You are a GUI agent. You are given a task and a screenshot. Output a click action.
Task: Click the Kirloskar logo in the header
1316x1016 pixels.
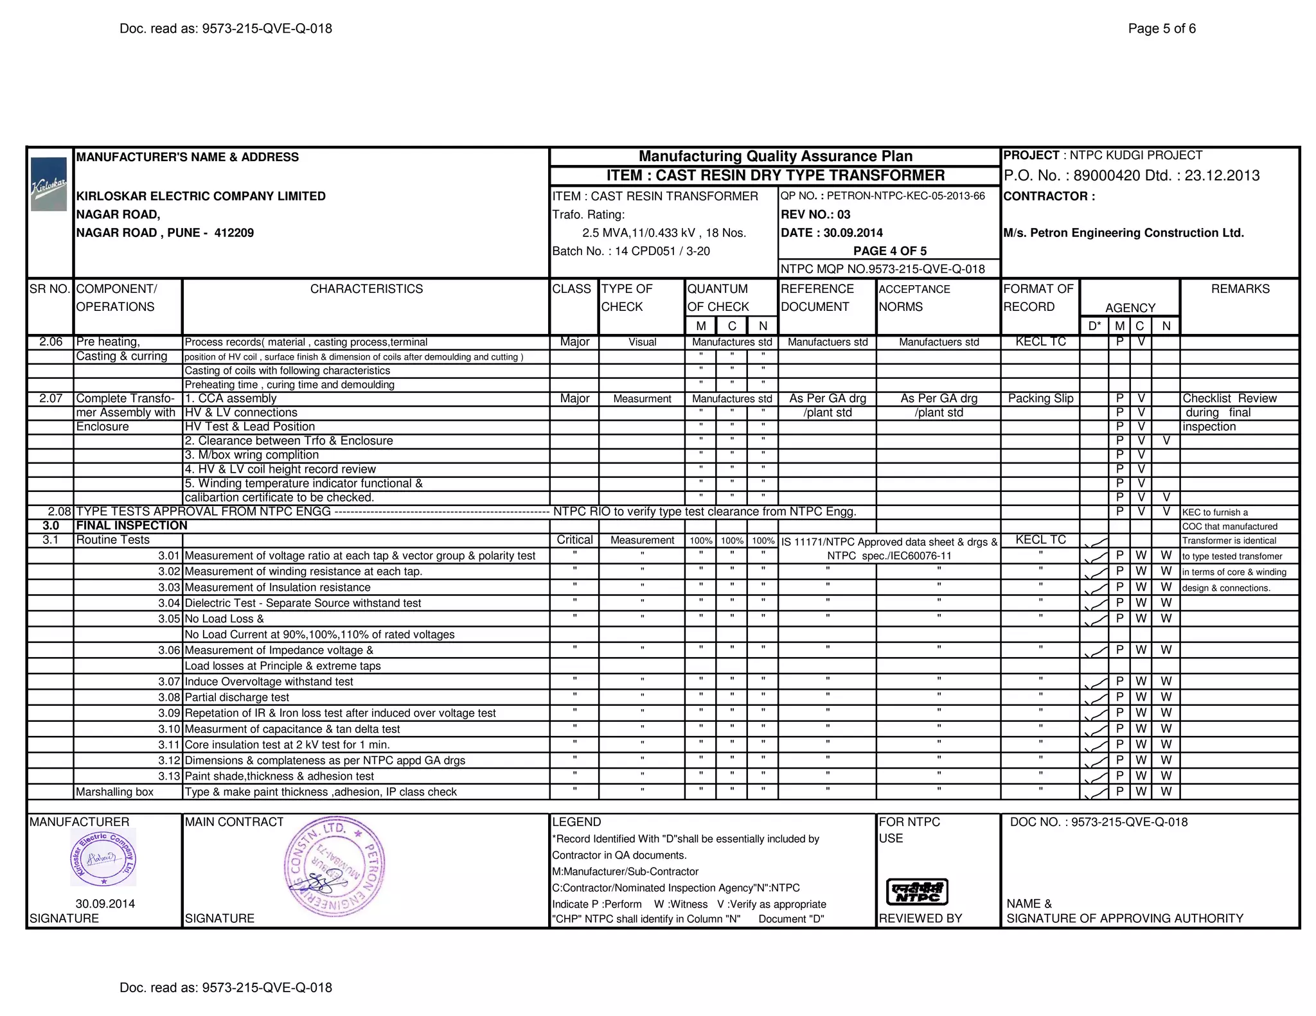(49, 184)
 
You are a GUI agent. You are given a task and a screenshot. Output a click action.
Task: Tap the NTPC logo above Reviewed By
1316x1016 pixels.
(917, 892)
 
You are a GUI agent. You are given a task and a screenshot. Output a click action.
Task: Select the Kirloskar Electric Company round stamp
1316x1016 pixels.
(103, 857)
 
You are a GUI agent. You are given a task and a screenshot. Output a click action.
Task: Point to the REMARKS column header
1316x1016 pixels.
(1240, 289)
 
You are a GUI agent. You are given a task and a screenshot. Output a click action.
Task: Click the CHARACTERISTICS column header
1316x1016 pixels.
(366, 289)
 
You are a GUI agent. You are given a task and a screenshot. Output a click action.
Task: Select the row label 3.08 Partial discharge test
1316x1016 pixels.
(236, 697)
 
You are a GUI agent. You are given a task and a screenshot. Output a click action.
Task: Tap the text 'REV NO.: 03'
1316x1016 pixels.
(815, 215)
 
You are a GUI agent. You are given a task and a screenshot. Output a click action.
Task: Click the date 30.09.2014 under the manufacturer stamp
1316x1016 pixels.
(105, 904)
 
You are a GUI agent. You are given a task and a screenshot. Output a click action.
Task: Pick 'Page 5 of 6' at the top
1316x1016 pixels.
(1162, 28)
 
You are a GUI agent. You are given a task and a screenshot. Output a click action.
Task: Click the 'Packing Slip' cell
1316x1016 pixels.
(1040, 398)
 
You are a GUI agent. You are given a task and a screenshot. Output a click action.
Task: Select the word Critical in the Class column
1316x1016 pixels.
(574, 540)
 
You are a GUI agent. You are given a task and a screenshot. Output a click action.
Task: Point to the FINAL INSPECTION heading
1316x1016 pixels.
(132, 525)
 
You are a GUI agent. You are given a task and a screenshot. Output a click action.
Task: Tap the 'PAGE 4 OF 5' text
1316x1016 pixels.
(890, 251)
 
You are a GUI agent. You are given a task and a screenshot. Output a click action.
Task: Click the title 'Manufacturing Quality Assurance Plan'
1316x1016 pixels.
(776, 156)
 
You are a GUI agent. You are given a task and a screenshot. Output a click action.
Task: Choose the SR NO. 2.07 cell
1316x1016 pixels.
(51, 398)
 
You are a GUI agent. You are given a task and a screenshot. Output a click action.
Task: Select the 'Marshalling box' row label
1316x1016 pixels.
(115, 792)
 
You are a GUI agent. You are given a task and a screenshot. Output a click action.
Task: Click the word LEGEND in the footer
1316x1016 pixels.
(576, 822)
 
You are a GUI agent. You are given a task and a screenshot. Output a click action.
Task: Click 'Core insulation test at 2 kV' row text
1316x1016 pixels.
(287, 745)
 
